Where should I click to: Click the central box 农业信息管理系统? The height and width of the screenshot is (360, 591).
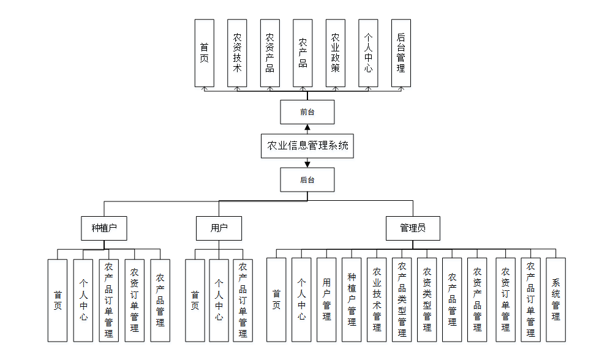tap(307, 146)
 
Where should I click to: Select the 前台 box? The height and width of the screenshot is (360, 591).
tap(307, 112)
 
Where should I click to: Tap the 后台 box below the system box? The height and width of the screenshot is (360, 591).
tap(307, 180)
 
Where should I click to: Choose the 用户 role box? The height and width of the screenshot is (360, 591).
tap(219, 228)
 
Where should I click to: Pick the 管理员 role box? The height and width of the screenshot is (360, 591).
tap(412, 228)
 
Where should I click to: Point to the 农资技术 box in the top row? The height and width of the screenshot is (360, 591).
tap(238, 53)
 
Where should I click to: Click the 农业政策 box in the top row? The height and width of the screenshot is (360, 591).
tap(335, 53)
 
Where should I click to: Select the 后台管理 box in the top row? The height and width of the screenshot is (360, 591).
tap(401, 53)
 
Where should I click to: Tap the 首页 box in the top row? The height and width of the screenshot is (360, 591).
tap(205, 53)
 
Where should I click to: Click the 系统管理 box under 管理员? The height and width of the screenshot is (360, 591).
tap(555, 299)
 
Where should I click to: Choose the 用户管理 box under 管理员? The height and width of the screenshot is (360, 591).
tap(326, 299)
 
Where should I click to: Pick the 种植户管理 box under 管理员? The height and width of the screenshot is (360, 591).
tap(352, 299)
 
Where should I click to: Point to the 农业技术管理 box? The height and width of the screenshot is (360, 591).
tap(377, 299)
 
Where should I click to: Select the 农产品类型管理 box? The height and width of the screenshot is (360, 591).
tap(402, 299)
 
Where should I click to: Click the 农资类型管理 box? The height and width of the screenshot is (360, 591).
tap(427, 299)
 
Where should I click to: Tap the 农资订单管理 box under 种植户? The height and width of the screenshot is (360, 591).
tap(134, 300)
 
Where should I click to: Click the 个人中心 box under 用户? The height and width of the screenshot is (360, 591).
tap(219, 300)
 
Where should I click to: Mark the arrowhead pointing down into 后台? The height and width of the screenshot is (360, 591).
tap(307, 164)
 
